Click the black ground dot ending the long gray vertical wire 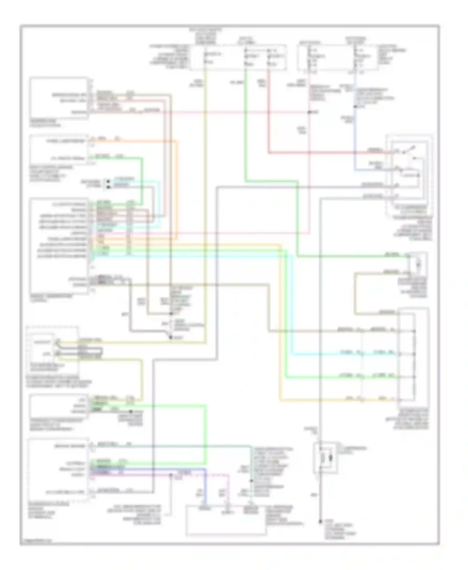tap(320, 521)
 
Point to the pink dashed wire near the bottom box tap(229, 490)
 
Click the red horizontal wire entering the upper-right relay tap(328, 153)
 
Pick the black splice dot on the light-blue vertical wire tap(355, 106)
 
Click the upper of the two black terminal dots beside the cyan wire tap(108, 181)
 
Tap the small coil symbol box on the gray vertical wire tap(325, 458)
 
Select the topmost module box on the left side tap(59, 98)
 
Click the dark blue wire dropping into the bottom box tap(205, 486)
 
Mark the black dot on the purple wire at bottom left tap(170, 475)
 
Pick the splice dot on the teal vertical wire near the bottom tap(251, 481)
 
